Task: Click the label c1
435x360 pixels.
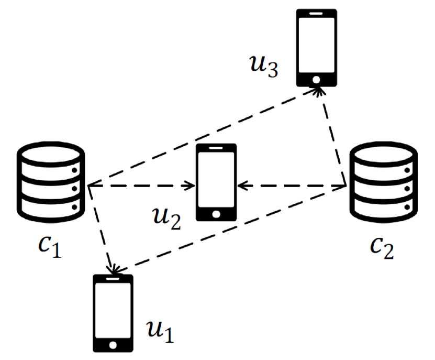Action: click(x=50, y=247)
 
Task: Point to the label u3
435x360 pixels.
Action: click(x=265, y=66)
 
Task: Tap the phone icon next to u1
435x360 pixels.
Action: click(x=113, y=312)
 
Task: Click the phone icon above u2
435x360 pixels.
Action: click(x=216, y=182)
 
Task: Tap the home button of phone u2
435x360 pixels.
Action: click(x=216, y=214)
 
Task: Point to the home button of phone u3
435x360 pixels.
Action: click(x=316, y=79)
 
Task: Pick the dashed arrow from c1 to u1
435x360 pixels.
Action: click(x=101, y=231)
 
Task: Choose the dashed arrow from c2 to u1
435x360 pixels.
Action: click(x=230, y=229)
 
